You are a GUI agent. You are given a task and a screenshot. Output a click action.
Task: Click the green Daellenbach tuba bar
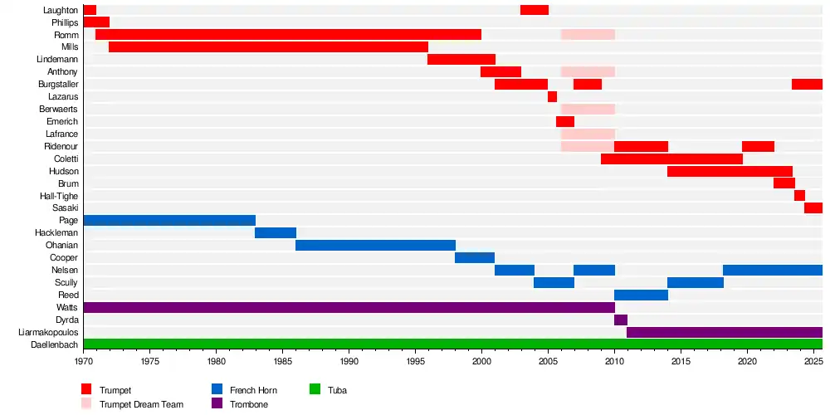[452, 344]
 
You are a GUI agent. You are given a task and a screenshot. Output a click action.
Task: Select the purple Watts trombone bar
[349, 308]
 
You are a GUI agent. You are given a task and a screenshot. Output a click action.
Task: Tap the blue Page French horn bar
[169, 221]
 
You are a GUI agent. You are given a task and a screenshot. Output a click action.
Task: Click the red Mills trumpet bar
[268, 47]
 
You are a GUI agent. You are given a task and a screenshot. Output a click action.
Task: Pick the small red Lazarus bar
[552, 97]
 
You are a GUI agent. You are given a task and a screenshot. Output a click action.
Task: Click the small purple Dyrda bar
[621, 320]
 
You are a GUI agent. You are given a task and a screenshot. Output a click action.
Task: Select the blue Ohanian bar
[375, 246]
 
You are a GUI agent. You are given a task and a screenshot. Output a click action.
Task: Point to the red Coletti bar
[671, 159]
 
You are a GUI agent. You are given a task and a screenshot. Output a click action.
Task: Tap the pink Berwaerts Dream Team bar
[588, 110]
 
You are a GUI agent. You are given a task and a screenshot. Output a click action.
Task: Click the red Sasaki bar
[813, 208]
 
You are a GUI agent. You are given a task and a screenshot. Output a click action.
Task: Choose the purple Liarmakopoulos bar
[725, 333]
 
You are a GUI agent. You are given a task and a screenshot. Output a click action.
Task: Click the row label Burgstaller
[58, 85]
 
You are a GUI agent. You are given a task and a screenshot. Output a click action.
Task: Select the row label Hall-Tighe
[59, 196]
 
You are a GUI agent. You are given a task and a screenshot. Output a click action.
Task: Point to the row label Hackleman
[56, 233]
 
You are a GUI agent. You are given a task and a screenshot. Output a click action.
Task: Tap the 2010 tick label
[614, 362]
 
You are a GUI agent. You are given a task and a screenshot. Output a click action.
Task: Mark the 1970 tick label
[84, 362]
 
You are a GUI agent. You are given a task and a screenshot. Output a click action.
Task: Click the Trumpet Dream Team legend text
[142, 404]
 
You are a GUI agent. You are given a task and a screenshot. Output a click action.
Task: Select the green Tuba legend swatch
[315, 389]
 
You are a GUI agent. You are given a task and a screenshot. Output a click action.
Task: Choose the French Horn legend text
[253, 390]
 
